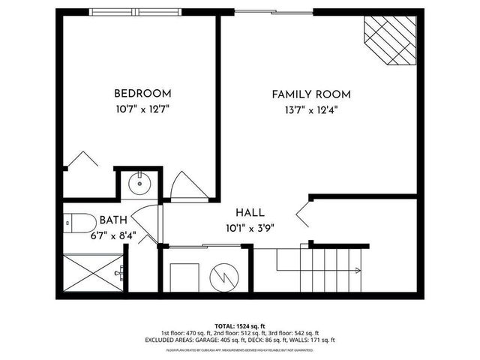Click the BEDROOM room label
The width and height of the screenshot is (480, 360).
pyautogui.click(x=142, y=94)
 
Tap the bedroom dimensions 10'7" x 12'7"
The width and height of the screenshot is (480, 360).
pyautogui.click(x=142, y=109)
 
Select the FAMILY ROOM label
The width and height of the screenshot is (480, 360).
pyautogui.click(x=311, y=94)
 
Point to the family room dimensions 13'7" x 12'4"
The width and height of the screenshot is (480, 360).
pyautogui.click(x=311, y=110)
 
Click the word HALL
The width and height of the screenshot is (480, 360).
pyautogui.click(x=248, y=213)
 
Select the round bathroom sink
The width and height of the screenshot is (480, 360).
pyautogui.click(x=139, y=183)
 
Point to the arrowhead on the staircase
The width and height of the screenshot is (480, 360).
pyautogui.click(x=357, y=271)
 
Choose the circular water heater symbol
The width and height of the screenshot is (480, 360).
pyautogui.click(x=223, y=275)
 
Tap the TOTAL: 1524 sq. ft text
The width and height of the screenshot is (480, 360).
pyautogui.click(x=240, y=325)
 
